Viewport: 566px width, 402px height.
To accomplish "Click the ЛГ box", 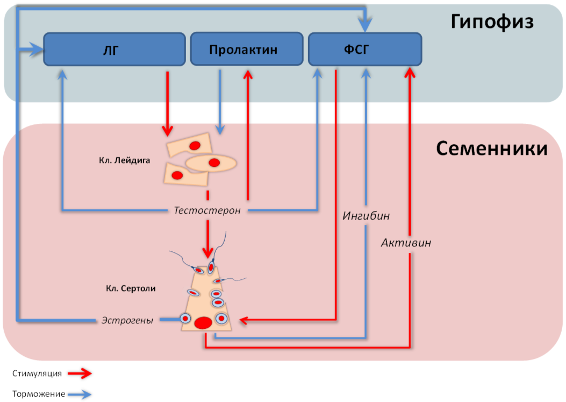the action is click(114, 49).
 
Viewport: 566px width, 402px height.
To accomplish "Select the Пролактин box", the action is click(247, 49).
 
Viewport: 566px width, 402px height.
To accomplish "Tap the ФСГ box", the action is click(365, 49).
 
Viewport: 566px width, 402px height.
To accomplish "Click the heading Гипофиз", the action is click(492, 22).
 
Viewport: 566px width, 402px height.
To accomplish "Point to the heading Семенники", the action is click(492, 148).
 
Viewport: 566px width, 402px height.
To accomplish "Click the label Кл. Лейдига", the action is click(124, 160).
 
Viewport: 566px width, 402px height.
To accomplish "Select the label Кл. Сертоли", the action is click(131, 288).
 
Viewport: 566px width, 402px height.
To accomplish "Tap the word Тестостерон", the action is click(207, 210).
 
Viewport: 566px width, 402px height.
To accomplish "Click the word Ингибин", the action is click(366, 216).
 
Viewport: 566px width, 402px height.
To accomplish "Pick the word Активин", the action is click(406, 243).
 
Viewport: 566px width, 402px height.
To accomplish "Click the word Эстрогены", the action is click(127, 320).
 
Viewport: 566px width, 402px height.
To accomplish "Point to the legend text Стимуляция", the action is click(37, 373).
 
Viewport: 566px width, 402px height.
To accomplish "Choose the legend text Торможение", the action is click(39, 394).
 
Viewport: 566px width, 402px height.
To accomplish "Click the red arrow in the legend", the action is click(80, 373).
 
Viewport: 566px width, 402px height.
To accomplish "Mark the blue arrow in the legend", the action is click(80, 394).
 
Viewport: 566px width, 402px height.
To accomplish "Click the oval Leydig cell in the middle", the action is click(211, 163).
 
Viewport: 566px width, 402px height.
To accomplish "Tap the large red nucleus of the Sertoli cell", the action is click(203, 323).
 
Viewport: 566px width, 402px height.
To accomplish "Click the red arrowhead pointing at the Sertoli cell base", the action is click(243, 320).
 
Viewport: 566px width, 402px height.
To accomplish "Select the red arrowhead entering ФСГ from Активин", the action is click(410, 72).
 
